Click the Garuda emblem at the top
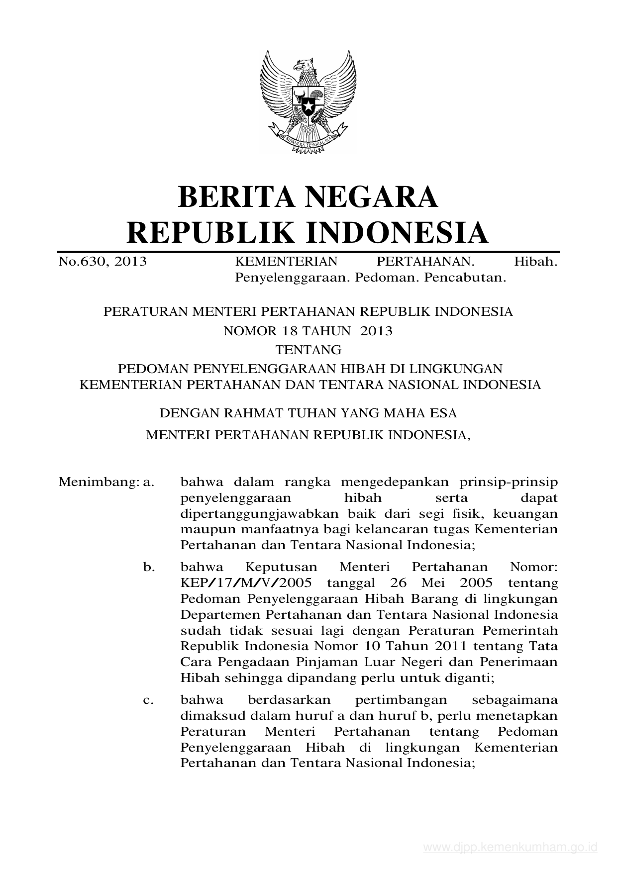tap(308, 102)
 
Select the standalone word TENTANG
tap(308, 350)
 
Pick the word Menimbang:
tap(98, 482)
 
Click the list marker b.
tap(149, 567)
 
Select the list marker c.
tap(148, 700)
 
